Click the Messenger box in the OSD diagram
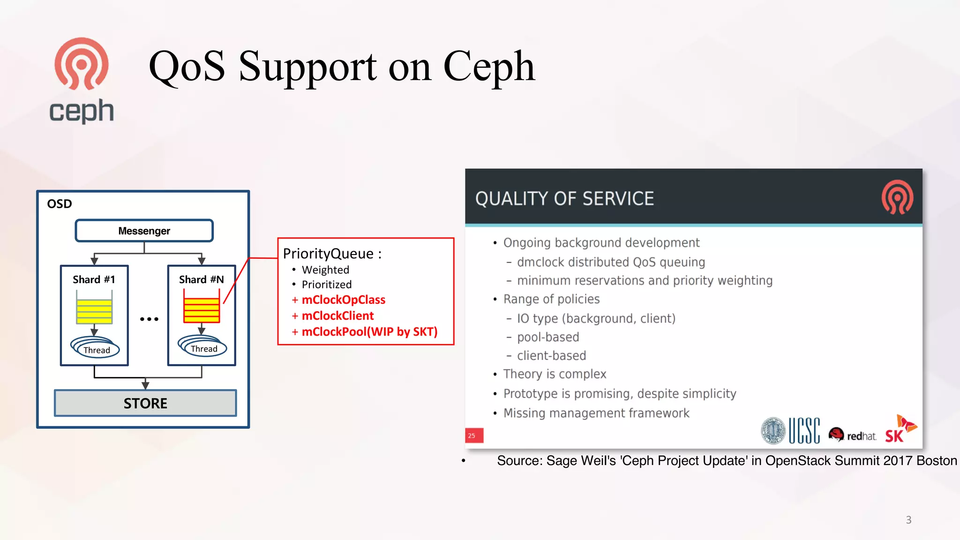point(144,231)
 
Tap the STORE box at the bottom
point(145,403)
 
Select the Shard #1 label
point(94,279)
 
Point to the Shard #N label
point(201,279)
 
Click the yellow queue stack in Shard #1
point(94,311)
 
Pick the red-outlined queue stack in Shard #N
point(202,310)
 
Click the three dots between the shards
point(149,319)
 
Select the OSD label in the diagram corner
point(60,204)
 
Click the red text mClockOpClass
point(343,300)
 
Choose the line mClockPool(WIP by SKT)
point(369,332)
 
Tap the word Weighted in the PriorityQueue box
point(325,270)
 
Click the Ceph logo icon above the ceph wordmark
point(82,64)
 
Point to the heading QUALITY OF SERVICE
point(564,199)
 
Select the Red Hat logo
point(852,435)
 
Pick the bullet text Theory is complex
point(555,374)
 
